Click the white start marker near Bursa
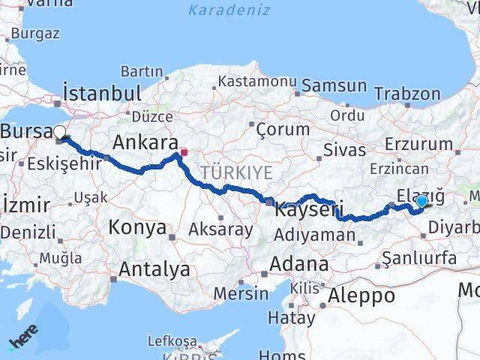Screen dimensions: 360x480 click(x=59, y=133)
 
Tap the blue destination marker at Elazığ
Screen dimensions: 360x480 click(x=421, y=201)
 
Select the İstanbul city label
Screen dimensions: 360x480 click(x=103, y=93)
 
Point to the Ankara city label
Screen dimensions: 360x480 click(x=145, y=142)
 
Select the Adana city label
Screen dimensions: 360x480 click(x=300, y=265)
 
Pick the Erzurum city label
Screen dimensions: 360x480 click(x=418, y=144)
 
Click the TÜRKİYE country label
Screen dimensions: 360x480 click(x=235, y=172)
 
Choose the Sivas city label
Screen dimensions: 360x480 click(x=344, y=150)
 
